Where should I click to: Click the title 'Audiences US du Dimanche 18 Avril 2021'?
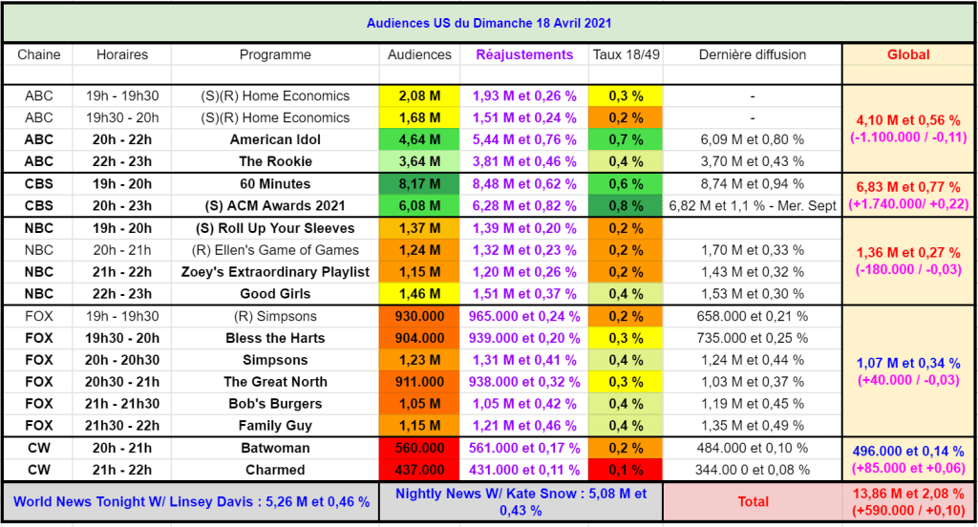click(489, 23)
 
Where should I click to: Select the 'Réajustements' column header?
click(524, 54)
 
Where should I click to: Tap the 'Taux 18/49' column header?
click(626, 54)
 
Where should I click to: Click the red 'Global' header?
click(907, 54)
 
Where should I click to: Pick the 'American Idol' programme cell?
click(275, 139)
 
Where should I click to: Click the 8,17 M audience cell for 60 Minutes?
click(419, 183)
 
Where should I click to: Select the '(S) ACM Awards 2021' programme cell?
click(275, 205)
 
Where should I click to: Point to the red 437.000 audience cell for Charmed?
click(419, 470)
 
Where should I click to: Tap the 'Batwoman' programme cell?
click(275, 448)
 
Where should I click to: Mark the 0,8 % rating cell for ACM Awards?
click(626, 205)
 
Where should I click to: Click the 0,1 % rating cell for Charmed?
click(626, 470)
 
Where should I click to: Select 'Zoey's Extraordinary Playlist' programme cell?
click(275, 272)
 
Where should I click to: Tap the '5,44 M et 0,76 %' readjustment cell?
click(524, 139)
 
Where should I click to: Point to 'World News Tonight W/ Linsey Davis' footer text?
click(191, 501)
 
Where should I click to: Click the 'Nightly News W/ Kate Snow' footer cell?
click(521, 501)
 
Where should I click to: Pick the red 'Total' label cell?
click(753, 501)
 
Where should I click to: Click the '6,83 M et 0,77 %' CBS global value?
click(907, 183)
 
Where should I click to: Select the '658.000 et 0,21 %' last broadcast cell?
click(752, 316)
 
